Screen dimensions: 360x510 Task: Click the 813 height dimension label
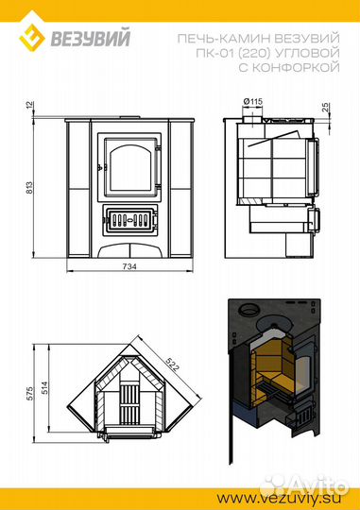(x=29, y=188)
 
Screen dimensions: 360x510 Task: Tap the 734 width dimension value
(x=129, y=266)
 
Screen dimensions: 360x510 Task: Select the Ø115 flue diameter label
(x=252, y=102)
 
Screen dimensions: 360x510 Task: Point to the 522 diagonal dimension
(x=172, y=364)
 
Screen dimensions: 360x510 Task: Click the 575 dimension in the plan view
(x=30, y=394)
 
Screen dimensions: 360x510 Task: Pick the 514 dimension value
(x=44, y=388)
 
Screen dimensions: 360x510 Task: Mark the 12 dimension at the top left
(x=29, y=105)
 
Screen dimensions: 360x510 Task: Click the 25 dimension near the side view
(x=326, y=108)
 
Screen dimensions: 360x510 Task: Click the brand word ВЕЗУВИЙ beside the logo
(x=91, y=38)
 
